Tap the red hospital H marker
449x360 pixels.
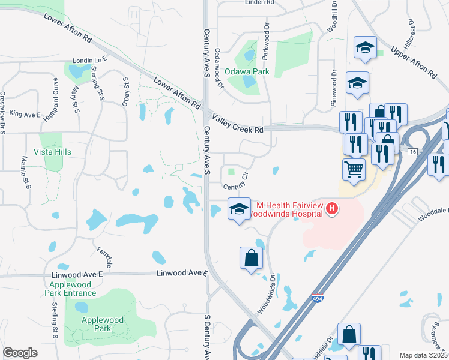(332, 209)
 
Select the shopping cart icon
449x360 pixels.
(354, 169)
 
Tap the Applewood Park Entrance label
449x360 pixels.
(70, 288)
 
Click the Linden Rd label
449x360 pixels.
(259, 2)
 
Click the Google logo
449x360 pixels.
(20, 352)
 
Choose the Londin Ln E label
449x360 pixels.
(89, 60)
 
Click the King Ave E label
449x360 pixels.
(25, 115)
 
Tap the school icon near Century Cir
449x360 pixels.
(239, 209)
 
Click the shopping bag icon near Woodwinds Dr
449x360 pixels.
(251, 259)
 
